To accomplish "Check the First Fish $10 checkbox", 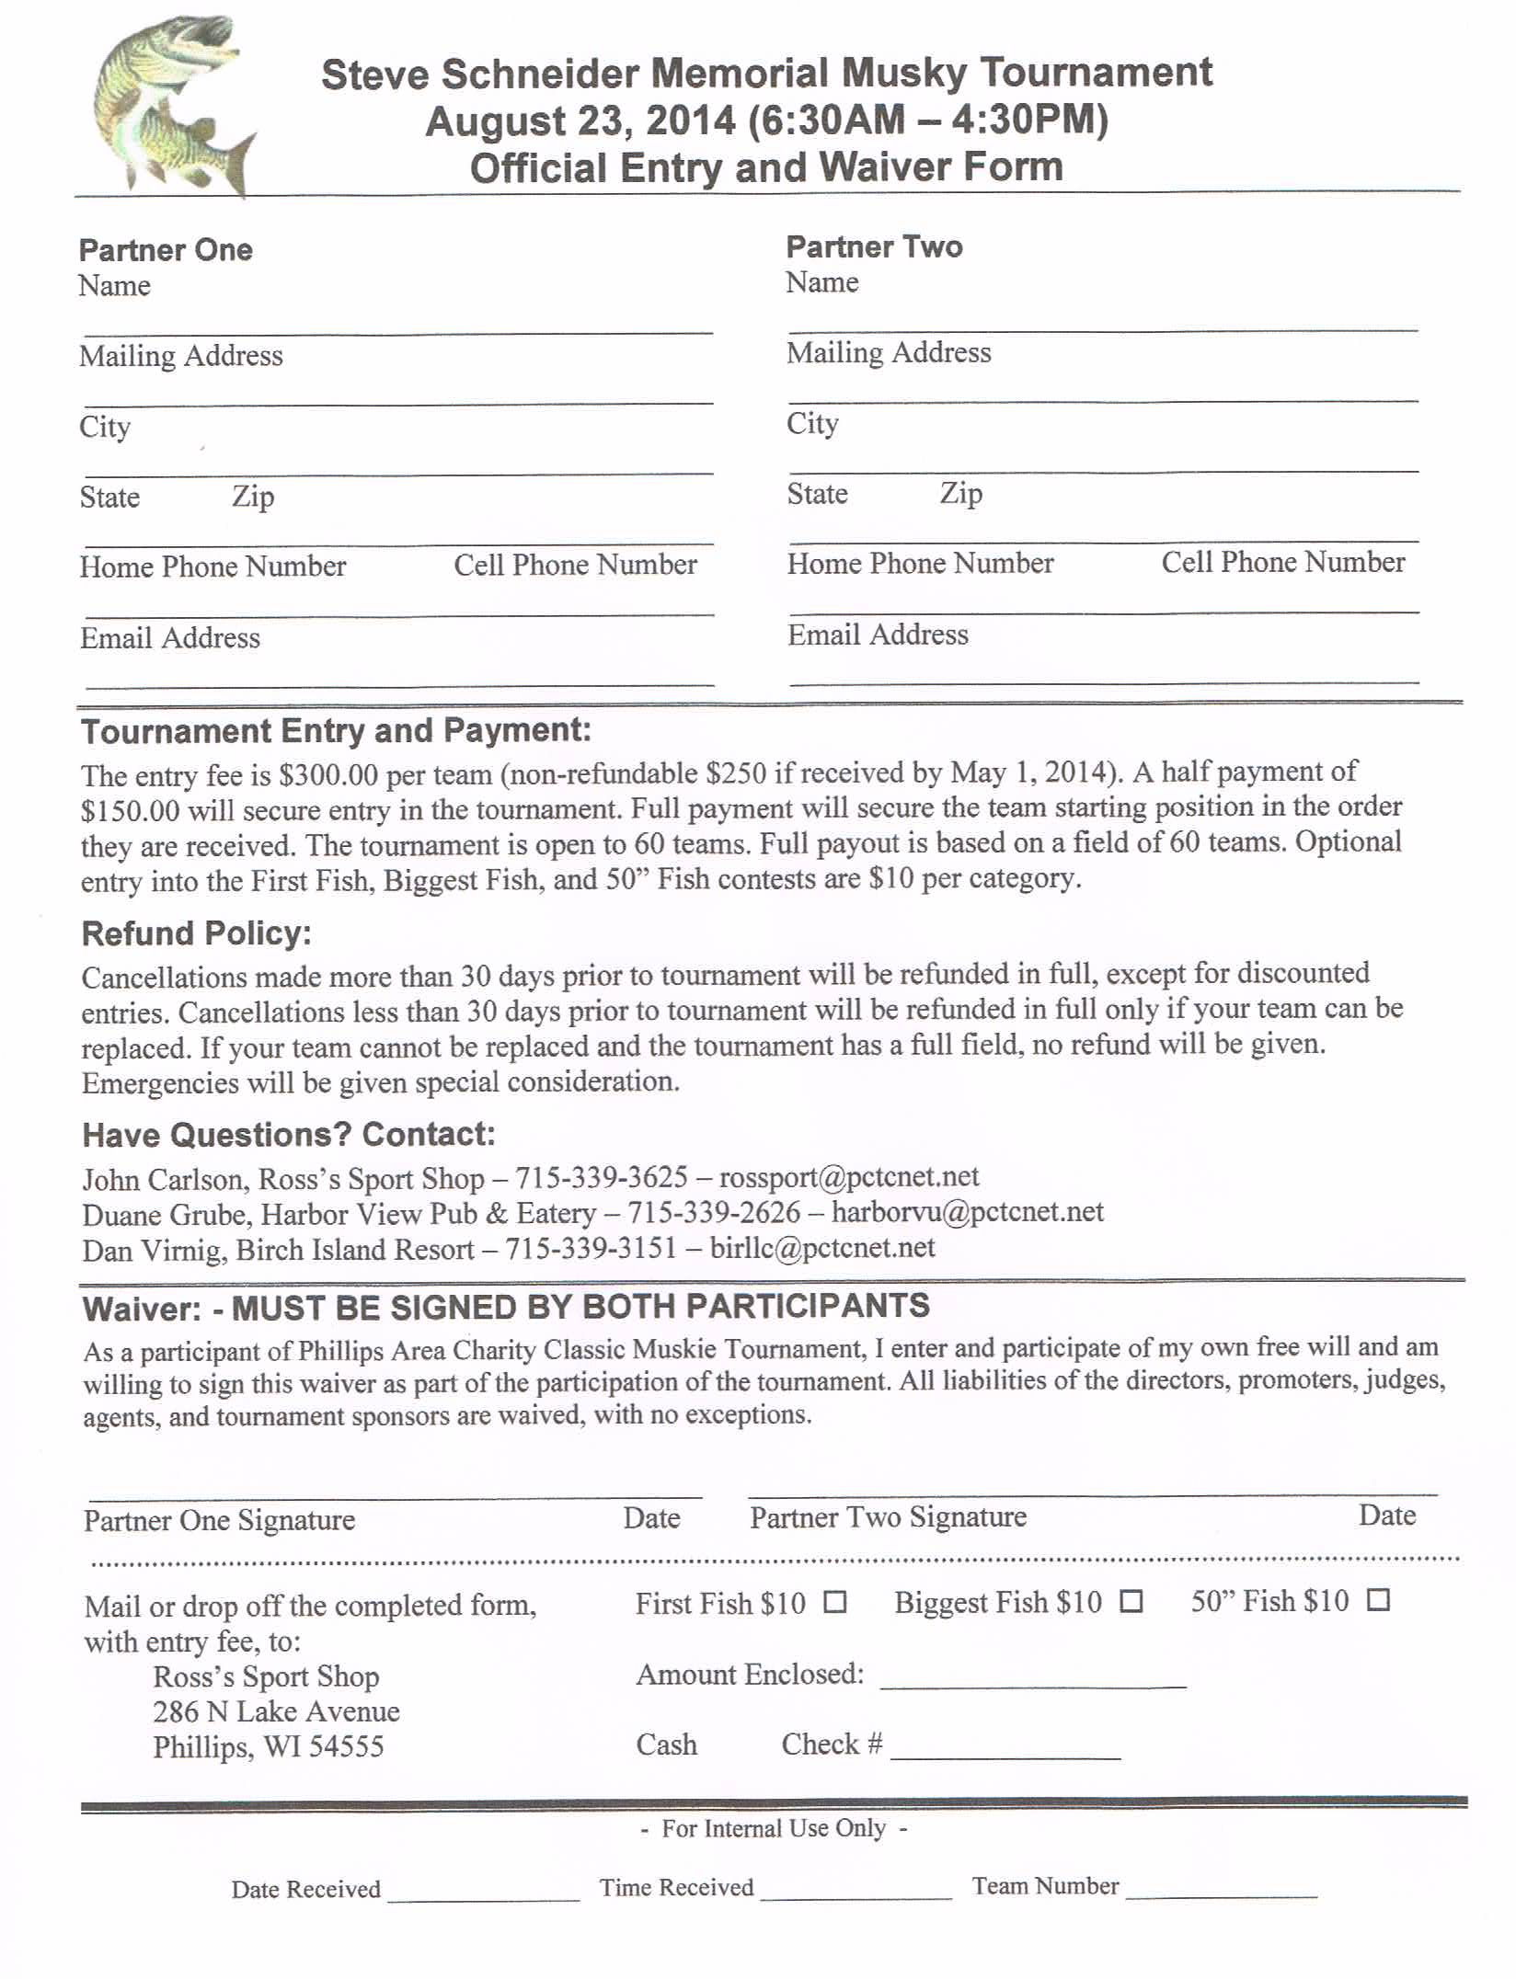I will point(834,1602).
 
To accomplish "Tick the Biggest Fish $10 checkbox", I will point(1131,1601).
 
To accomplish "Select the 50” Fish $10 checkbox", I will point(1377,1600).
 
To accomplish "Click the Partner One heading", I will point(166,250).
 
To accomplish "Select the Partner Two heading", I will point(874,246).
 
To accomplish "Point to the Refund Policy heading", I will point(197,933).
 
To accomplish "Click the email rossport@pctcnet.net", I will point(848,1177).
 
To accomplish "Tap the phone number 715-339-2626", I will point(714,1212).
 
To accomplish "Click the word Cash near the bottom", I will point(666,1744).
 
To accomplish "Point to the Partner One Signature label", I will point(219,1520).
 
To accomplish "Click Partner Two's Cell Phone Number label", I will point(1282,562).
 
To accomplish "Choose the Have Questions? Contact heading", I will point(289,1135).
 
